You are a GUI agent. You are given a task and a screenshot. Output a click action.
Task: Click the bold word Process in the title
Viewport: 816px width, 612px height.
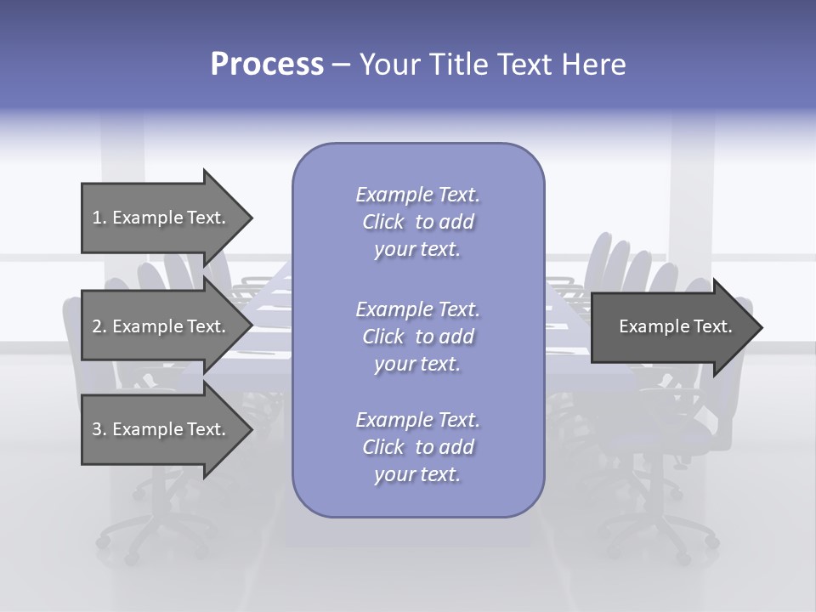point(267,65)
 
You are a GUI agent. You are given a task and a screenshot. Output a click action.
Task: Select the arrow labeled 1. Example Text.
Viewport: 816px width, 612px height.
point(161,218)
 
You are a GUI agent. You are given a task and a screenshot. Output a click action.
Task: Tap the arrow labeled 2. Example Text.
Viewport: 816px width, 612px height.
point(161,326)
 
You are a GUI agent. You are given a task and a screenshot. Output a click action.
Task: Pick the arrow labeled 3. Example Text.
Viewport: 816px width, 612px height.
point(161,429)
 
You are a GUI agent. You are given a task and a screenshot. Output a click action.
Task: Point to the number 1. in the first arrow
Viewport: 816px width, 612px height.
point(99,218)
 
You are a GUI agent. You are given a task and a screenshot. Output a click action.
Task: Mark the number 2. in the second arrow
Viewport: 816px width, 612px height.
point(99,326)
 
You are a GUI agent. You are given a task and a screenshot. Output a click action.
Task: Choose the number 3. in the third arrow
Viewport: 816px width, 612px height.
point(99,429)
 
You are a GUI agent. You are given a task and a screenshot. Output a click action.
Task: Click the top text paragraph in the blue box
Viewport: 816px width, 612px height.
point(417,222)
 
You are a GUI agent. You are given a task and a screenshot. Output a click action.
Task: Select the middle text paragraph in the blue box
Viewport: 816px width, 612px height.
point(417,336)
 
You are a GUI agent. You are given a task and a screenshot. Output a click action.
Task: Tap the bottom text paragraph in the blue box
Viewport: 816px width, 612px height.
point(417,447)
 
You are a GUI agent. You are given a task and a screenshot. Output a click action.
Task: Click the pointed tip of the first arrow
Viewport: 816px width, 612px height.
point(250,218)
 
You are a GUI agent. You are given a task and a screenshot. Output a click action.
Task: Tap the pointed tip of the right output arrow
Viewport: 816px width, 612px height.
point(760,327)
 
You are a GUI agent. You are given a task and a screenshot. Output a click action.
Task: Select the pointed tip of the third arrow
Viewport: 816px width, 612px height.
point(250,430)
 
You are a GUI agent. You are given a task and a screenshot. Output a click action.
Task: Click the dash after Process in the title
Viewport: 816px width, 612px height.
point(341,65)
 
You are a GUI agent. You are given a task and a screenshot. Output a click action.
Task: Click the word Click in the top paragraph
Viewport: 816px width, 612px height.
point(383,223)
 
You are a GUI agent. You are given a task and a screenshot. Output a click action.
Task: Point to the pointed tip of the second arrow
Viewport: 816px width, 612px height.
point(250,326)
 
